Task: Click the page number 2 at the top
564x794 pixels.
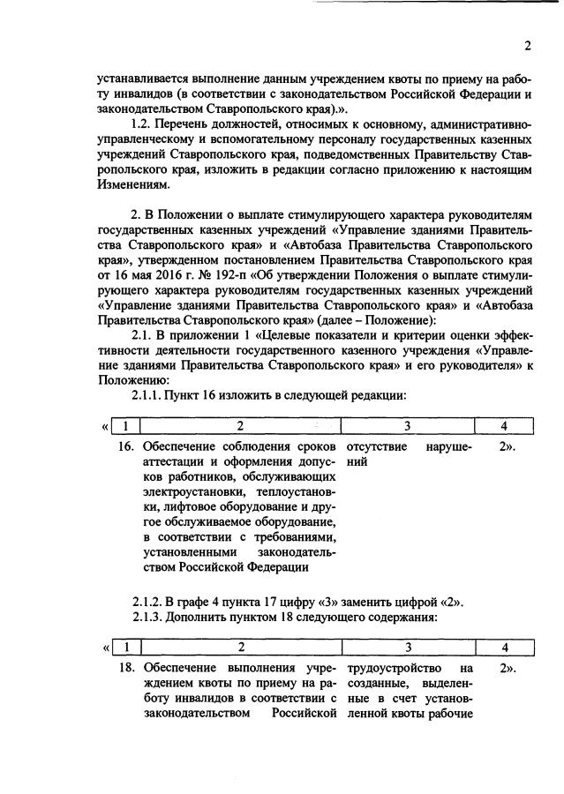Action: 527,46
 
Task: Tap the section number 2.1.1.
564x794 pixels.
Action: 148,393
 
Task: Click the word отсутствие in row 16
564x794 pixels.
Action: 379,446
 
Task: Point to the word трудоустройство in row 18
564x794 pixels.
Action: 392,668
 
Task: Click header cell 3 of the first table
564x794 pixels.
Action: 407,427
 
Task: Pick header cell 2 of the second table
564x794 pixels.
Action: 240,648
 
